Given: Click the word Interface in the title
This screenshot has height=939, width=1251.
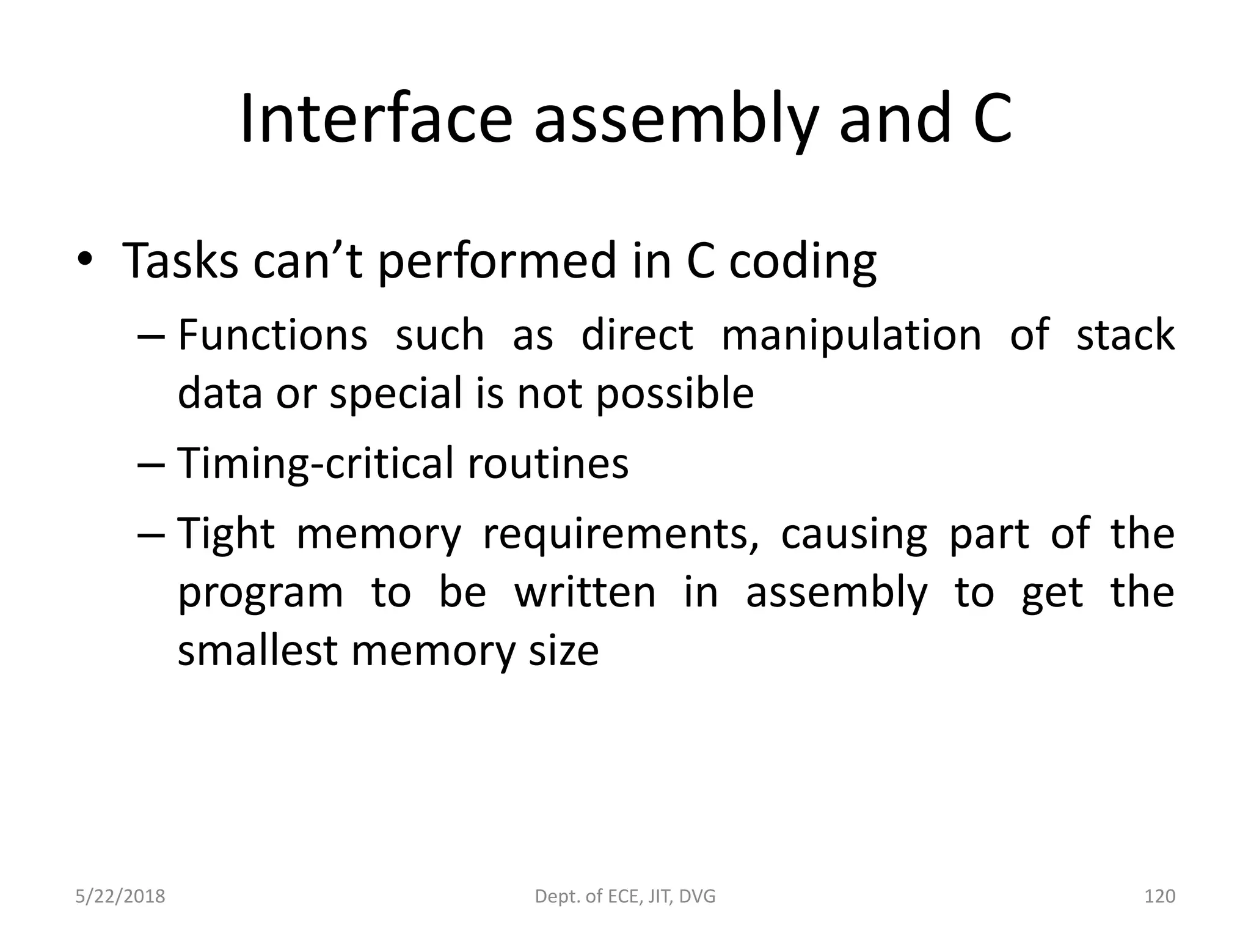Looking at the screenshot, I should point(375,119).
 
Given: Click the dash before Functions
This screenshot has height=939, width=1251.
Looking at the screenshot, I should point(150,336).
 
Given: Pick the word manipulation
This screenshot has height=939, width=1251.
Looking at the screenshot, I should point(851,336).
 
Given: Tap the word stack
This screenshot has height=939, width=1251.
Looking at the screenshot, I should point(1125,335).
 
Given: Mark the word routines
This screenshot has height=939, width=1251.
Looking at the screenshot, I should point(548,463).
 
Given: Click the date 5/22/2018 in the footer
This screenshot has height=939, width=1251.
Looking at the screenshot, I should point(120,896).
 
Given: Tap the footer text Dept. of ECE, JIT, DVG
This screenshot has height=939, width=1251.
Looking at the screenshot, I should point(625,896).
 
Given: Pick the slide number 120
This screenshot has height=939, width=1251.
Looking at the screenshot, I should point(1159,896).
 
